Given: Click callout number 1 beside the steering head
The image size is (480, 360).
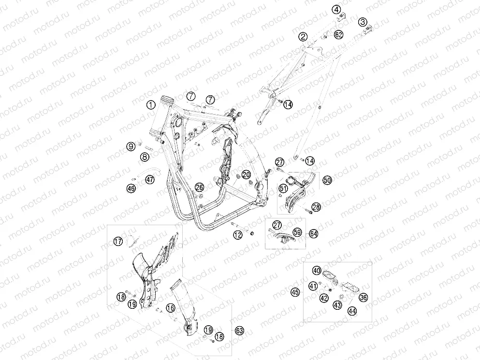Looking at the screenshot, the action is click(x=151, y=105).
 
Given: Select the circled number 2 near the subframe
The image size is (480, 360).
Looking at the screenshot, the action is click(x=303, y=37).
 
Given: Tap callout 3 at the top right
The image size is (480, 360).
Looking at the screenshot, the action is click(x=363, y=22).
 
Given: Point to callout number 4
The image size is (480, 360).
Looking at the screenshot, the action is click(x=336, y=10).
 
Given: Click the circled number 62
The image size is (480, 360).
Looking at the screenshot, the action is click(x=338, y=35).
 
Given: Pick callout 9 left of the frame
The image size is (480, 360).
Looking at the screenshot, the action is click(x=131, y=146).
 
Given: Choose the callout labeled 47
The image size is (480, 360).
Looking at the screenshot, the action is click(x=150, y=179).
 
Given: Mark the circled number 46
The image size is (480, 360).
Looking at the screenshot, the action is click(x=131, y=188).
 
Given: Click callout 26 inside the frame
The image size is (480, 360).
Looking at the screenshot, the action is click(x=199, y=187).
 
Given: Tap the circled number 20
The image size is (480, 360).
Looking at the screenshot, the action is click(x=246, y=175).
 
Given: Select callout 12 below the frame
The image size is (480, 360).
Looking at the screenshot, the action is click(x=237, y=235).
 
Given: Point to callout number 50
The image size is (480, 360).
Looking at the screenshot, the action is click(x=327, y=180).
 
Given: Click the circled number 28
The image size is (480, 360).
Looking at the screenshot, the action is click(x=316, y=207).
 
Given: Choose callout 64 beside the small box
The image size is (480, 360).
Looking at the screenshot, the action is click(x=313, y=234).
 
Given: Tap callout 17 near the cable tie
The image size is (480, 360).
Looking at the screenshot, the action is click(x=118, y=241).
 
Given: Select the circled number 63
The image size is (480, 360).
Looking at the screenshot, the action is click(x=239, y=331).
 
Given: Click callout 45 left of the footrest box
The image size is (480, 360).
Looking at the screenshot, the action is click(x=295, y=292).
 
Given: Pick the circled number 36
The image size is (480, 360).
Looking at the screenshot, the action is click(x=364, y=297).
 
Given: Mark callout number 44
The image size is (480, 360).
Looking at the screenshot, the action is click(x=352, y=311).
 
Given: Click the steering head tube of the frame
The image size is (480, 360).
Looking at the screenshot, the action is click(x=160, y=118).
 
